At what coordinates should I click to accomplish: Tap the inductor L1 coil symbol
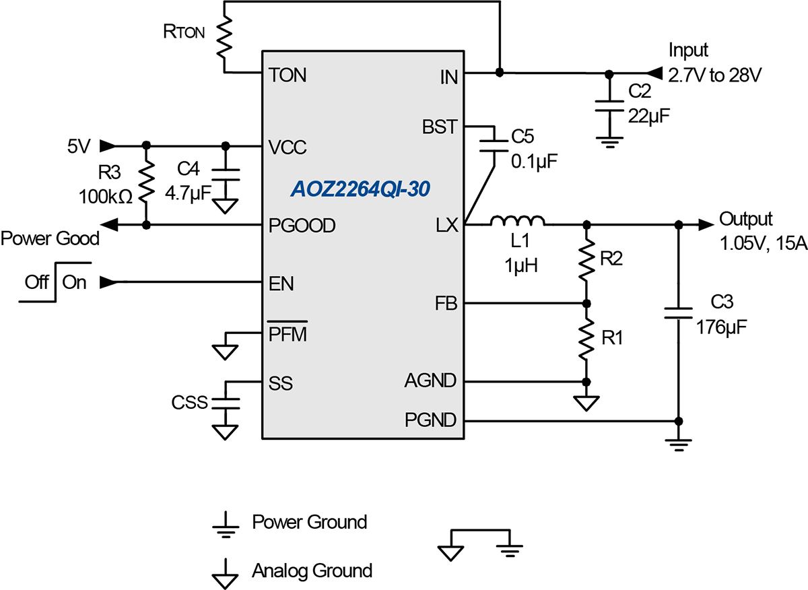click(x=517, y=222)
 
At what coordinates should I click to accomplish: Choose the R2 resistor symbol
click(x=586, y=263)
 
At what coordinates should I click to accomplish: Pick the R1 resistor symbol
click(x=586, y=340)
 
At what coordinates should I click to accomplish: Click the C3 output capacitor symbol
click(x=678, y=313)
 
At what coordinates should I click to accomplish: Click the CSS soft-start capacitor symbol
click(x=225, y=403)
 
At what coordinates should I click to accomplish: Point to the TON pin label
click(x=288, y=75)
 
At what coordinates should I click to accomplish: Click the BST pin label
click(x=440, y=127)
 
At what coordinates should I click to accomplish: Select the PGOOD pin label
click(x=301, y=226)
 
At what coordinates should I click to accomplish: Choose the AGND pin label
click(x=431, y=381)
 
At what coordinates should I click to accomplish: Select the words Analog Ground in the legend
click(x=312, y=570)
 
